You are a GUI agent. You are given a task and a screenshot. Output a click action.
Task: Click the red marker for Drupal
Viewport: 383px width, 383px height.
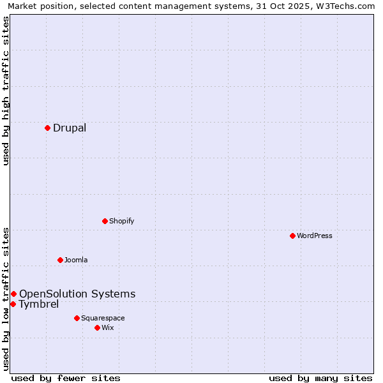pyautogui.click(x=47, y=128)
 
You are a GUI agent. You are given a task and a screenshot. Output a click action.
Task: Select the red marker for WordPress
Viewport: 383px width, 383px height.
pyautogui.click(x=292, y=236)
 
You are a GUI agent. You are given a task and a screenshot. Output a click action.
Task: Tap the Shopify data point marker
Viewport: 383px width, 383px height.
pyautogui.click(x=105, y=221)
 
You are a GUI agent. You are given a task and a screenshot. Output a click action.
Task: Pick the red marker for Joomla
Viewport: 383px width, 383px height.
pyautogui.click(x=60, y=260)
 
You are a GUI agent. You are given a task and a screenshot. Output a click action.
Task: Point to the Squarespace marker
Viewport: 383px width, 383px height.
pyautogui.click(x=77, y=318)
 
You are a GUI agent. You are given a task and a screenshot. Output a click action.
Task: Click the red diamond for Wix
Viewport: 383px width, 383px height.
pyautogui.click(x=97, y=327)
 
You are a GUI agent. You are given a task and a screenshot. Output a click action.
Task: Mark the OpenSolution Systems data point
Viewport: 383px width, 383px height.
pyautogui.click(x=13, y=294)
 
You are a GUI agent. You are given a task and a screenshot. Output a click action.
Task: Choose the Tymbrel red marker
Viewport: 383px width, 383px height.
pyautogui.click(x=13, y=304)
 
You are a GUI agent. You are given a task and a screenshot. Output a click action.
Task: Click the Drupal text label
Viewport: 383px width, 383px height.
pyautogui.click(x=70, y=128)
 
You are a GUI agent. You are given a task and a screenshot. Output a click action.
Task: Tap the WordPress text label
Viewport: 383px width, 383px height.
pyautogui.click(x=315, y=236)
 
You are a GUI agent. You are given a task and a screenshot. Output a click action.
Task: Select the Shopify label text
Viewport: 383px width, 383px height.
pyautogui.click(x=121, y=221)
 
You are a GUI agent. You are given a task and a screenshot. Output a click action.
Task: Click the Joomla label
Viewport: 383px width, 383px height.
pyautogui.click(x=76, y=260)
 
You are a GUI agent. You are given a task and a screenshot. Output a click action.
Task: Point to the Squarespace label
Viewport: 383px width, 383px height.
pyautogui.click(x=103, y=318)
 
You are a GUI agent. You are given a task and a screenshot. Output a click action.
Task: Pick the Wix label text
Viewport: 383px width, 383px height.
pyautogui.click(x=107, y=327)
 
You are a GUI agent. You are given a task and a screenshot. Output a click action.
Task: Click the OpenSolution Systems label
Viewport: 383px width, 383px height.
pyautogui.click(x=77, y=294)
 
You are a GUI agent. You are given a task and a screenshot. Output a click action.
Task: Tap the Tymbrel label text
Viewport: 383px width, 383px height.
pyautogui.click(x=39, y=304)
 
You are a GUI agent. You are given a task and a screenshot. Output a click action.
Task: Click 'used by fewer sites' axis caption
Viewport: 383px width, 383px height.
pyautogui.click(x=66, y=378)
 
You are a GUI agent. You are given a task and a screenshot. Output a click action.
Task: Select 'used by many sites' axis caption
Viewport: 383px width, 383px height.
pyautogui.click(x=320, y=378)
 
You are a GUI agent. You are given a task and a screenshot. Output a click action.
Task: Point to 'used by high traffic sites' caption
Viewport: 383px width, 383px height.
pyautogui.click(x=6, y=91)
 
